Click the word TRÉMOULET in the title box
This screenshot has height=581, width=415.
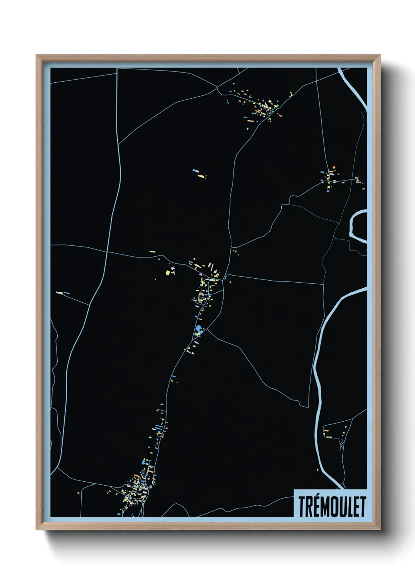coord(332,506)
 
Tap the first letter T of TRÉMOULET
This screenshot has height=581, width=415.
coord(302,506)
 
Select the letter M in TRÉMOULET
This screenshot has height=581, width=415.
coord(327,506)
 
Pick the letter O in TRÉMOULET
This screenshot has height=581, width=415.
coord(337,506)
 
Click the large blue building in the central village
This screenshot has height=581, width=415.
coord(199,329)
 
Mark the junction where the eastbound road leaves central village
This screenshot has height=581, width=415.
coord(226,275)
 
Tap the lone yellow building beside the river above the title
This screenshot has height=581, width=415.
coord(317,470)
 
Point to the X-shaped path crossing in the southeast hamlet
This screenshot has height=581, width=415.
coord(341,446)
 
